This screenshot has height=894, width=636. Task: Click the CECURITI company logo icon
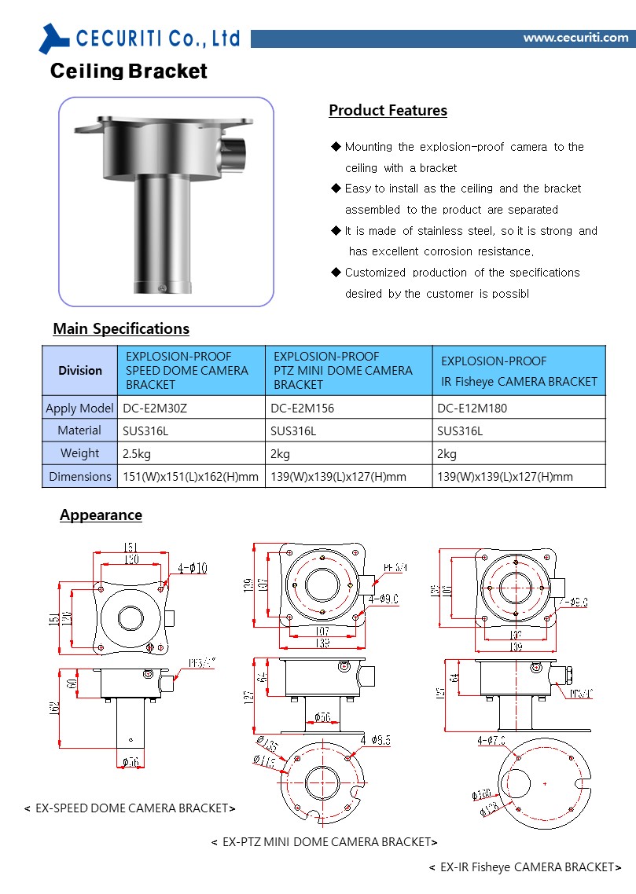click(55, 38)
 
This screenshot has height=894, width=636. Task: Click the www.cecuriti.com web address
click(575, 38)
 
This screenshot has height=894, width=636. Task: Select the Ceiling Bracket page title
click(129, 71)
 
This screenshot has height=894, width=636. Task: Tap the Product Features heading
click(388, 111)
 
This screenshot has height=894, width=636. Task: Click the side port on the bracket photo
click(233, 149)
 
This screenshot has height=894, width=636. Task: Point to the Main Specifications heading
click(121, 328)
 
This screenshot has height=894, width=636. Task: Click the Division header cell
click(80, 370)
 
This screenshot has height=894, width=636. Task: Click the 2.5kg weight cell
click(135, 453)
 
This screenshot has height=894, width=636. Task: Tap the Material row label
click(79, 431)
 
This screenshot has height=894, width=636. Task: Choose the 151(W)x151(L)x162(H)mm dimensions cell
click(190, 476)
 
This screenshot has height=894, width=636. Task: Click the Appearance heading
click(101, 515)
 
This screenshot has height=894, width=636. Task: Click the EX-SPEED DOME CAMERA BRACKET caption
click(130, 808)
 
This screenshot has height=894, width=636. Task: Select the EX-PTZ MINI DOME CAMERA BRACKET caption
click(324, 842)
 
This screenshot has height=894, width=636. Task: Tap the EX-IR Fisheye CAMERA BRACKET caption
click(525, 867)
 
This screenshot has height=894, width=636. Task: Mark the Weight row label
click(79, 453)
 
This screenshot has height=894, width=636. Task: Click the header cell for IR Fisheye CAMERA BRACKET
click(519, 371)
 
